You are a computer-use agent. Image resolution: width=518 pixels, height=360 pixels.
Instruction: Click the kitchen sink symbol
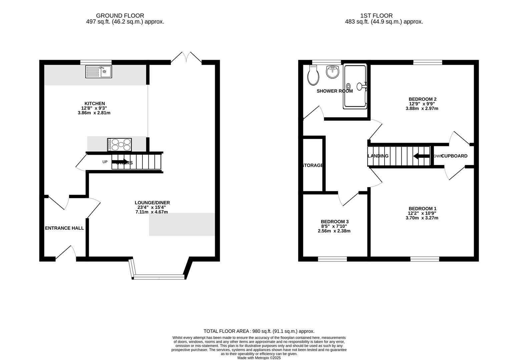click(x=99, y=72)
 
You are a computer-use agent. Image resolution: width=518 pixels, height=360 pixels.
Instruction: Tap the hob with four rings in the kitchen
click(x=119, y=145)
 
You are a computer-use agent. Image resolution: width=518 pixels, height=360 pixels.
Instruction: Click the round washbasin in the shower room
click(x=332, y=72)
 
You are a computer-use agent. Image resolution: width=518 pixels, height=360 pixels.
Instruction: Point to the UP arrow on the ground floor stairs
click(x=120, y=162)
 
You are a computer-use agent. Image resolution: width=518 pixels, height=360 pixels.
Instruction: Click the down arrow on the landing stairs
click(x=421, y=156)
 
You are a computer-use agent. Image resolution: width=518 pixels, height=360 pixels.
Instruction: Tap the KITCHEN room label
click(x=95, y=104)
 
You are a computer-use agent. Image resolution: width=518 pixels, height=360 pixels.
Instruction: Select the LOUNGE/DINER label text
click(x=152, y=203)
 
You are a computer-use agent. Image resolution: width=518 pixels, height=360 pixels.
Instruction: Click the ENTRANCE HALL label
click(x=64, y=228)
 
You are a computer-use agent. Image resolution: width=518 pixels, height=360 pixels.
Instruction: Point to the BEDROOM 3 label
click(x=335, y=222)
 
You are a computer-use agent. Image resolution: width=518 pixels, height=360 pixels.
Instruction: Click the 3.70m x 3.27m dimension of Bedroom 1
click(x=422, y=218)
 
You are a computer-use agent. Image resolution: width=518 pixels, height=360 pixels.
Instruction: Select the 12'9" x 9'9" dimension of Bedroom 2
click(x=422, y=104)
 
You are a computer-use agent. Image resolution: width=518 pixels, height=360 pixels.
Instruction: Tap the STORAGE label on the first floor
click(x=313, y=165)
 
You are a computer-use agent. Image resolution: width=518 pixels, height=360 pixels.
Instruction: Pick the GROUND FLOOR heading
click(x=120, y=16)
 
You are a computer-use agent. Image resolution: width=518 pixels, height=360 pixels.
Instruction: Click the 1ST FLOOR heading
click(x=376, y=16)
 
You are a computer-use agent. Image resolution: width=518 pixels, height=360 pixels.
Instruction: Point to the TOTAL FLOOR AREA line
click(x=259, y=331)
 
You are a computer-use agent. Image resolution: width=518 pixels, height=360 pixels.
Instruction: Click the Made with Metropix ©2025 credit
click(x=259, y=358)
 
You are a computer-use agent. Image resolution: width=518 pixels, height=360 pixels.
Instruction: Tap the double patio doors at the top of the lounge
click(x=186, y=58)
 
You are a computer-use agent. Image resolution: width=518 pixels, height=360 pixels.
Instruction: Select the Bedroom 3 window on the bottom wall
click(x=332, y=259)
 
